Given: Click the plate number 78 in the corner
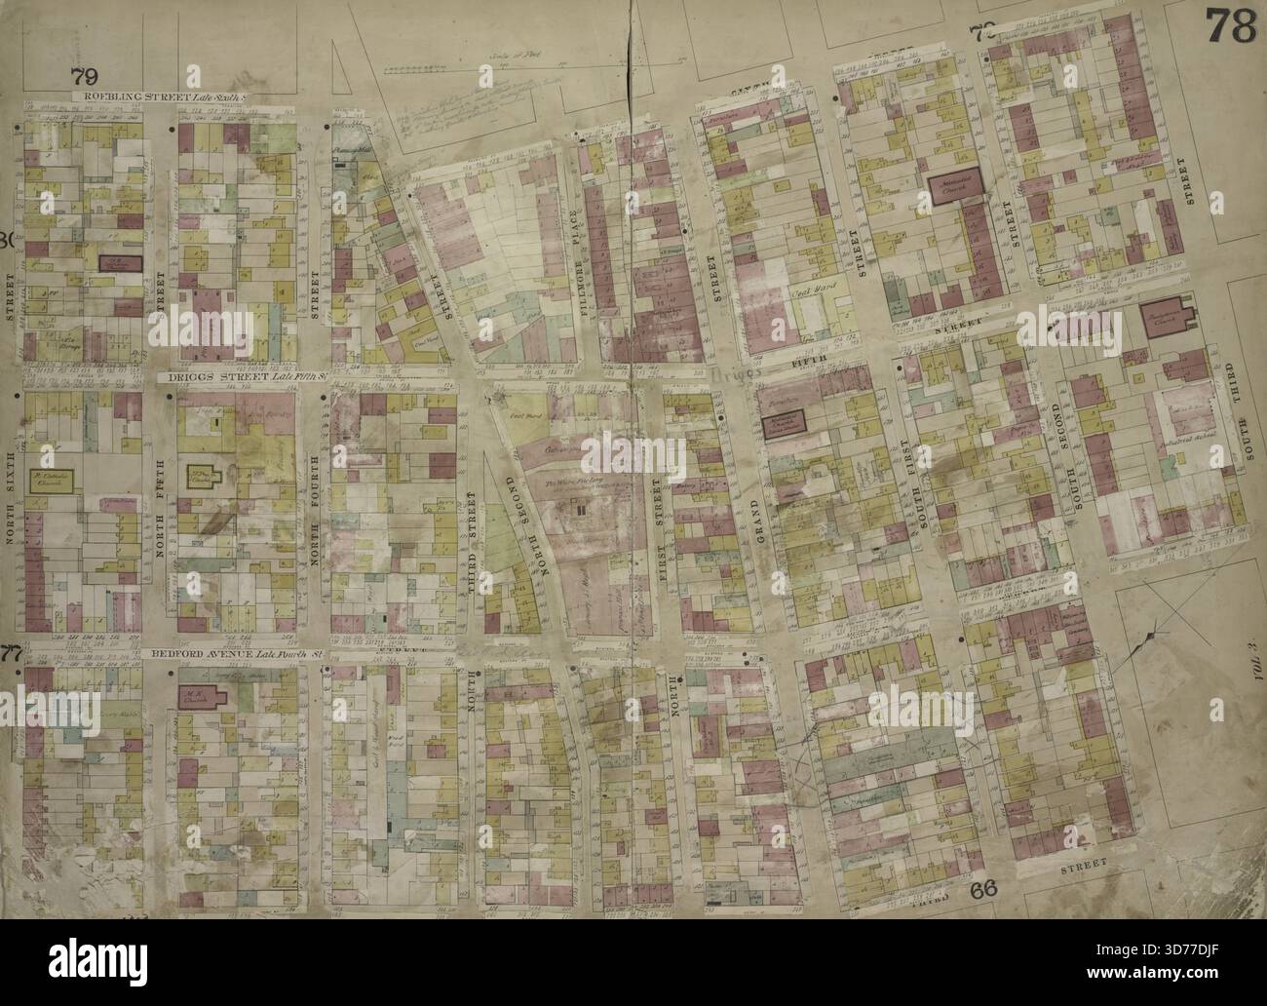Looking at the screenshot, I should tap(1229, 26).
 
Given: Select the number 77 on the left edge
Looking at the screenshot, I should tap(11, 652).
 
